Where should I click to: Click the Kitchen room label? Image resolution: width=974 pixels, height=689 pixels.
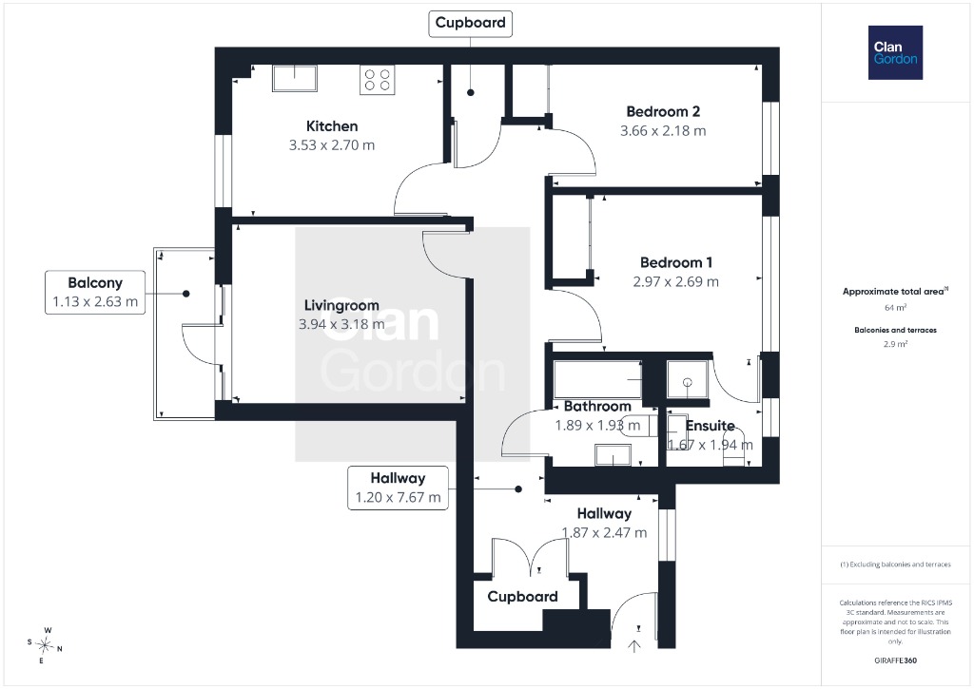point(332,126)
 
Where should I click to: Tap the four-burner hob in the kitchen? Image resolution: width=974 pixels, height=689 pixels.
point(377,80)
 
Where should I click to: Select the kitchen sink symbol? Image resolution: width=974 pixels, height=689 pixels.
point(295,78)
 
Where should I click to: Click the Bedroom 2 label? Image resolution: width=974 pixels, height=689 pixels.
point(663,112)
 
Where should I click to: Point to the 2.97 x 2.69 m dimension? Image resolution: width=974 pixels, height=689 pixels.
point(676,282)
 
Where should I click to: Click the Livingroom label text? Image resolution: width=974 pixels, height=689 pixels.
point(341,305)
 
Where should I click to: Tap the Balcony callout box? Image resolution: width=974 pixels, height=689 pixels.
point(95,293)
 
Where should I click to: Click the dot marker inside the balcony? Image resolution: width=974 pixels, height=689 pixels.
point(186,294)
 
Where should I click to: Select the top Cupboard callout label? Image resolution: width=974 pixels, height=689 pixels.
point(470,23)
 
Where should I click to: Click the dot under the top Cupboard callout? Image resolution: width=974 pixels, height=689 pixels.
point(471,92)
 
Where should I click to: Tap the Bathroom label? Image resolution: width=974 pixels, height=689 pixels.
point(597,407)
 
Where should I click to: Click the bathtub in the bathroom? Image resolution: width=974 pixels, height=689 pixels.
point(597,378)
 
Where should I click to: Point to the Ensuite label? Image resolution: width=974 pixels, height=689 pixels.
point(710,426)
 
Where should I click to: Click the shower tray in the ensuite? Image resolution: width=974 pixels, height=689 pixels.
point(687,379)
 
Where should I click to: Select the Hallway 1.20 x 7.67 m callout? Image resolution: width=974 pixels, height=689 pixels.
point(398,488)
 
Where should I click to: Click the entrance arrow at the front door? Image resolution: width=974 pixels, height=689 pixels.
point(634,646)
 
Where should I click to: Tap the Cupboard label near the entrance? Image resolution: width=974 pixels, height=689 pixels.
point(522,597)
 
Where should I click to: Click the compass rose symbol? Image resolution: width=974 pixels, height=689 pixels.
point(45,645)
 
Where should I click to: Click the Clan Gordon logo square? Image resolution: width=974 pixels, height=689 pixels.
point(895,53)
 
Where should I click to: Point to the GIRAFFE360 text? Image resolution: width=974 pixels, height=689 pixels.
point(895,660)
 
